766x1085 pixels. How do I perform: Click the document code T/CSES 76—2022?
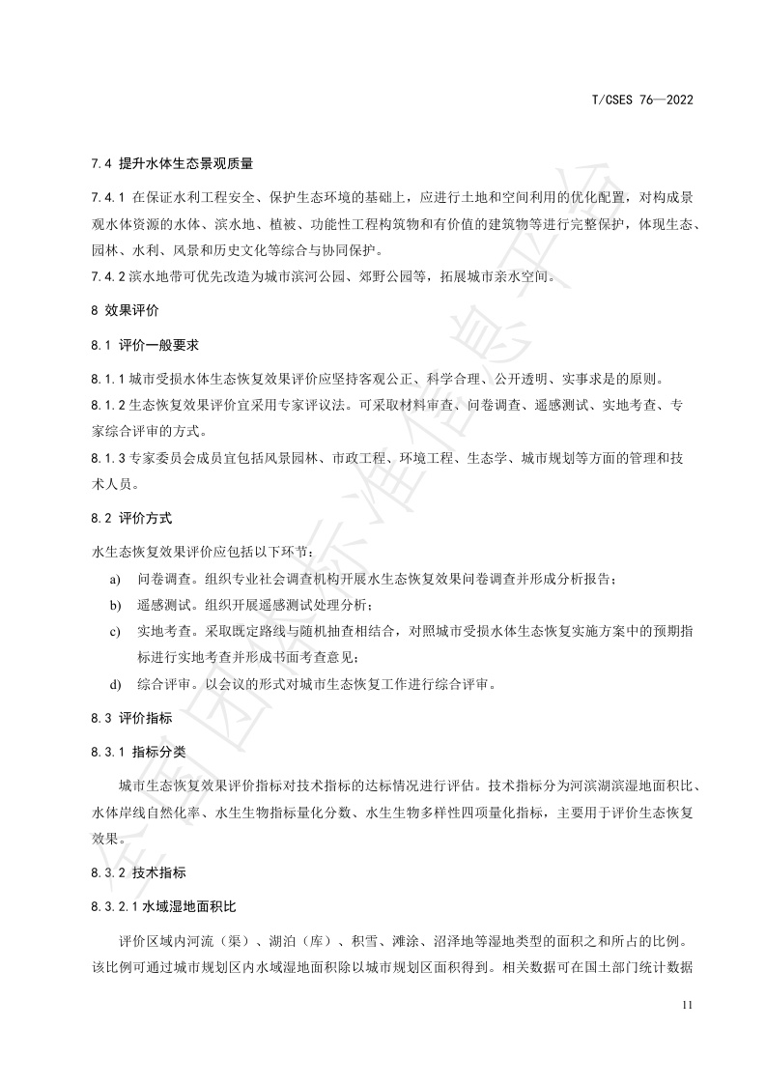642,100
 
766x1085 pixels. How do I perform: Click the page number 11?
688,1006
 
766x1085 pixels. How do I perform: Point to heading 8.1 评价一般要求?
144,344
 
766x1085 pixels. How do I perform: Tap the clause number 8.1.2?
108,404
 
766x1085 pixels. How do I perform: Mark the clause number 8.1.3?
108,456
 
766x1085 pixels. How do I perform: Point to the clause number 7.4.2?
108,277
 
